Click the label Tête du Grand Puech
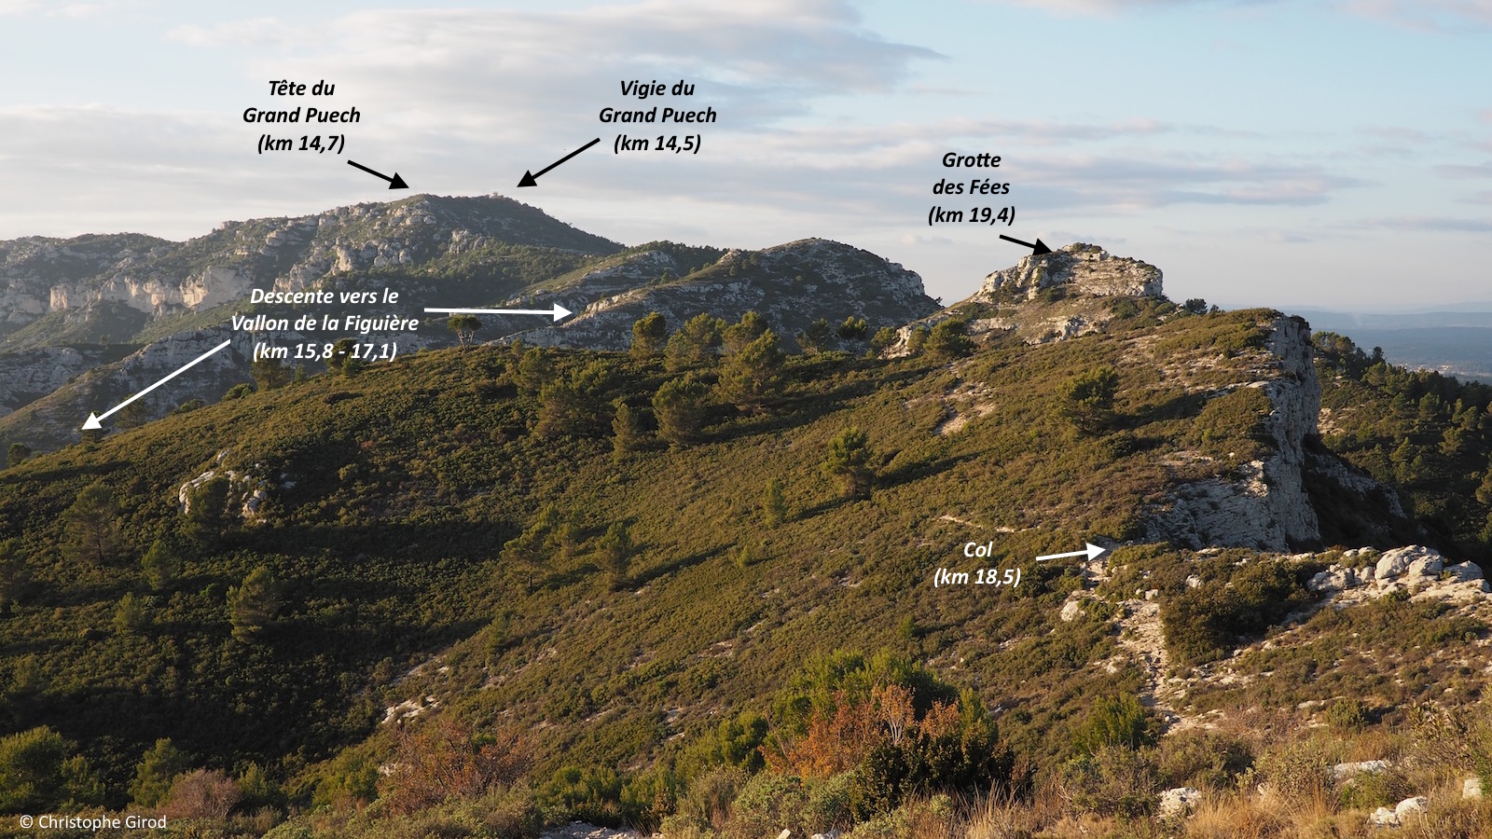[301, 103]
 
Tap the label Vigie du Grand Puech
[657, 103]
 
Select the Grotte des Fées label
[971, 173]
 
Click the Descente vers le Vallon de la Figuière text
[325, 309]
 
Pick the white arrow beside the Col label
[1071, 554]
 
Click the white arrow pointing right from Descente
[498, 311]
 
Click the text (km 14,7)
[301, 144]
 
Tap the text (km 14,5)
[657, 144]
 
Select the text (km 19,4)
[971, 215]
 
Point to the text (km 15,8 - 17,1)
[325, 351]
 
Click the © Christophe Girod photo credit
[93, 822]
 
